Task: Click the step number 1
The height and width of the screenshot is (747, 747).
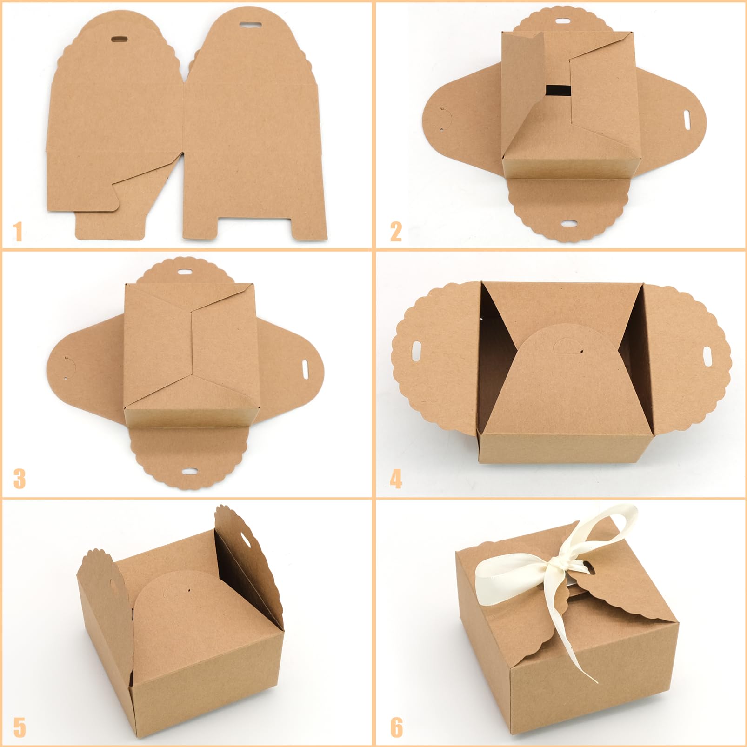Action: [18, 232]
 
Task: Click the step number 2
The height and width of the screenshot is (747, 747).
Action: [396, 232]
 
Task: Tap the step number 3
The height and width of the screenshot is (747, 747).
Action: [19, 479]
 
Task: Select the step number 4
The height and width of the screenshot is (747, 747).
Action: [396, 479]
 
